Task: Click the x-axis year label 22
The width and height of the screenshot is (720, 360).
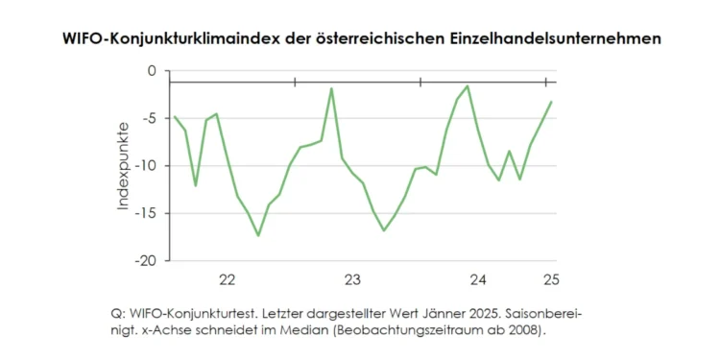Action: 228,280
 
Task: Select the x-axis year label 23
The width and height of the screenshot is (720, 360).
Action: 352,280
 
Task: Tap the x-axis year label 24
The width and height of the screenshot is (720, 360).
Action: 477,280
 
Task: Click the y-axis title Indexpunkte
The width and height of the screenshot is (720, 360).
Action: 123,166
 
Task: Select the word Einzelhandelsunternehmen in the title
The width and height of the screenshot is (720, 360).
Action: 556,39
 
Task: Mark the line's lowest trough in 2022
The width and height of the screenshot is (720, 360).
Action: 258,235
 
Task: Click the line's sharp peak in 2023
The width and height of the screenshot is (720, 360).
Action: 331,88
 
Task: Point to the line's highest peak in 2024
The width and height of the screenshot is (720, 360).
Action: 468,86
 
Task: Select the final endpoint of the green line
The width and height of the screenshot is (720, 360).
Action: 551,102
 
